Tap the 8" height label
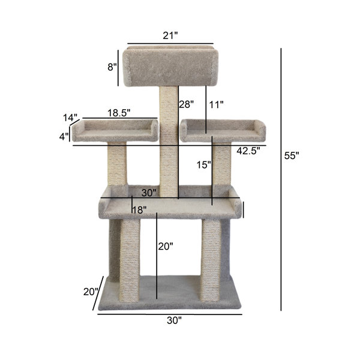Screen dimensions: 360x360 (x=112, y=67)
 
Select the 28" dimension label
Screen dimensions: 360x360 (x=186, y=104)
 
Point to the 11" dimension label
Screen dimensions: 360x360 (x=217, y=104)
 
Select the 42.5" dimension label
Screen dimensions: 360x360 (x=247, y=151)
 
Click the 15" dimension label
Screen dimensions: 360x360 (x=205, y=164)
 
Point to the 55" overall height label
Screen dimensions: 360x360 (x=291, y=155)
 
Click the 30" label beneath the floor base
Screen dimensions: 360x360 (x=173, y=320)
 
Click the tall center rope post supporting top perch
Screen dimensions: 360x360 (x=169, y=150)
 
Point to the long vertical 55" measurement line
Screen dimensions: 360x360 (x=281, y=180)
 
